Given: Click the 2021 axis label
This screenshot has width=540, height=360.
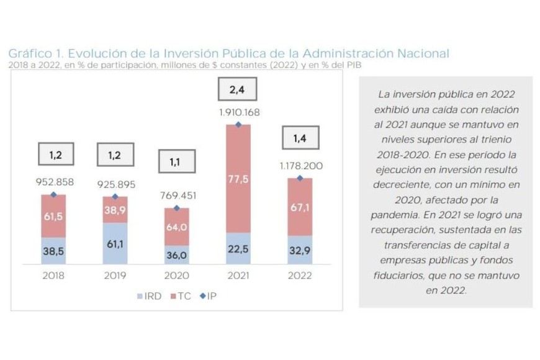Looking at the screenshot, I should (238, 276).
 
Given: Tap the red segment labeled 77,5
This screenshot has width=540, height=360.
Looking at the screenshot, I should (238, 179).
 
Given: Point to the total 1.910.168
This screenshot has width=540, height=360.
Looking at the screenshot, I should (238, 113).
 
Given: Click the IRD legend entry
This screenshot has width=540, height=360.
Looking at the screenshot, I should (149, 296).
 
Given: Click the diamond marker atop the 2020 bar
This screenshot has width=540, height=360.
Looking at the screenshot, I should (177, 208).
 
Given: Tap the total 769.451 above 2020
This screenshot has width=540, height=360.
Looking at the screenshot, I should (177, 196).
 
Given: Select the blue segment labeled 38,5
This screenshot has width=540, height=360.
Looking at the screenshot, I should (53, 251).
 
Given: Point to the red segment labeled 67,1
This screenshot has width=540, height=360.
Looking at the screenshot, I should (300, 207).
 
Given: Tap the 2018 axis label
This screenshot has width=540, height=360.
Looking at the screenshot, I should (53, 276).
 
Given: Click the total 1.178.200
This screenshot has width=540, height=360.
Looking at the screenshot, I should (300, 166).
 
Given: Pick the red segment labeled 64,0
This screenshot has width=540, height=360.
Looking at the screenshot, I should (177, 227).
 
